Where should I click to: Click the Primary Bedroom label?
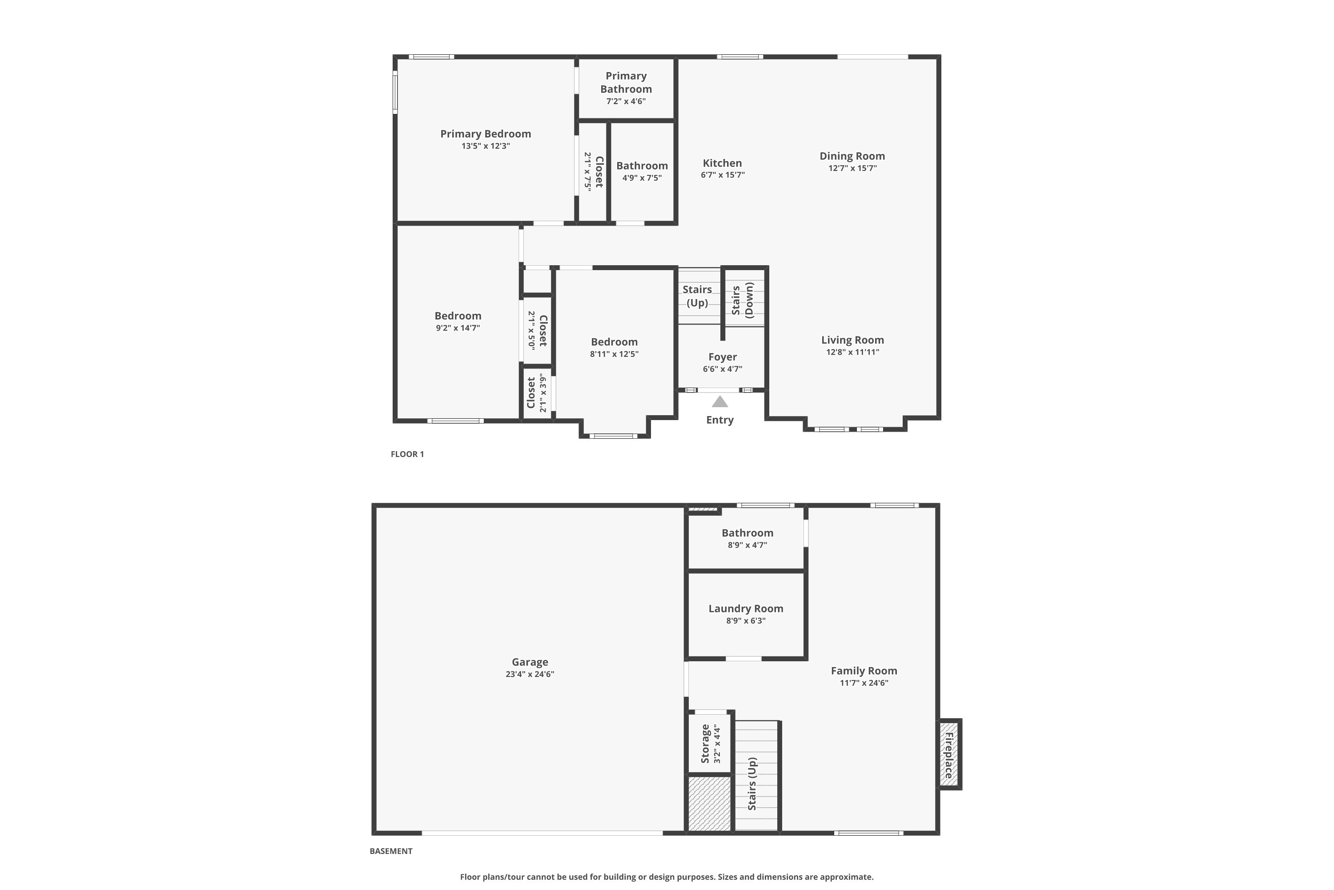pos(486,134)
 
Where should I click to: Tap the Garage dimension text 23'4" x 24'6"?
pos(530,674)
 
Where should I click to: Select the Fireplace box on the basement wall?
pos(948,754)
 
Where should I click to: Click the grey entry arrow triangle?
pos(720,402)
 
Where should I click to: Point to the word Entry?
pos(720,420)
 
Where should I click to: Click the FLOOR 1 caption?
pos(407,454)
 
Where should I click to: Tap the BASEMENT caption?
pos(391,851)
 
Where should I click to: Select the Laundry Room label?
pos(746,608)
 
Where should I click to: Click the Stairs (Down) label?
pos(743,300)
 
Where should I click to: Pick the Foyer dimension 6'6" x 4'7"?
pos(723,369)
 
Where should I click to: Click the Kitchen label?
pos(722,163)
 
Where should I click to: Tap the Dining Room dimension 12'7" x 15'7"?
pos(852,168)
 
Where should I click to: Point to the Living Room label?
pos(852,340)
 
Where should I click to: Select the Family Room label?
pos(864,671)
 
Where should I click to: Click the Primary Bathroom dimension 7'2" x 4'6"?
pos(626,101)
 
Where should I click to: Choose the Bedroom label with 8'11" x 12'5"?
pos(614,342)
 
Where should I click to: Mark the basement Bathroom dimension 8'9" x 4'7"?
pos(747,545)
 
